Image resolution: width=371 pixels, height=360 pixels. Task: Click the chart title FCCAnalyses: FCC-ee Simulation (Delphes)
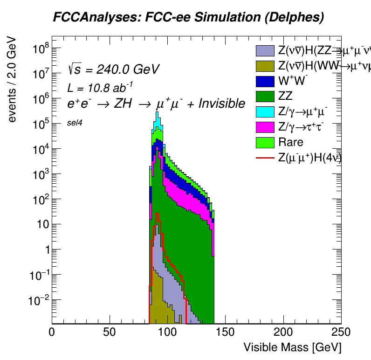188,18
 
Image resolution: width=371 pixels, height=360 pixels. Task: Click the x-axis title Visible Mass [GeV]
292,347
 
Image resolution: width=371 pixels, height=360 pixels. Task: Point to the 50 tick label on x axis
110,332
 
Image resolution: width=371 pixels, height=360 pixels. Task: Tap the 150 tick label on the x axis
225,332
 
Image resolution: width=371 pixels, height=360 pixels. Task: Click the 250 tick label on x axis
341,332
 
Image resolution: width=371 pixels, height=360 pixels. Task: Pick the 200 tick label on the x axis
283,332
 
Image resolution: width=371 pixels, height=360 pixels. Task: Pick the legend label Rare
291,142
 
